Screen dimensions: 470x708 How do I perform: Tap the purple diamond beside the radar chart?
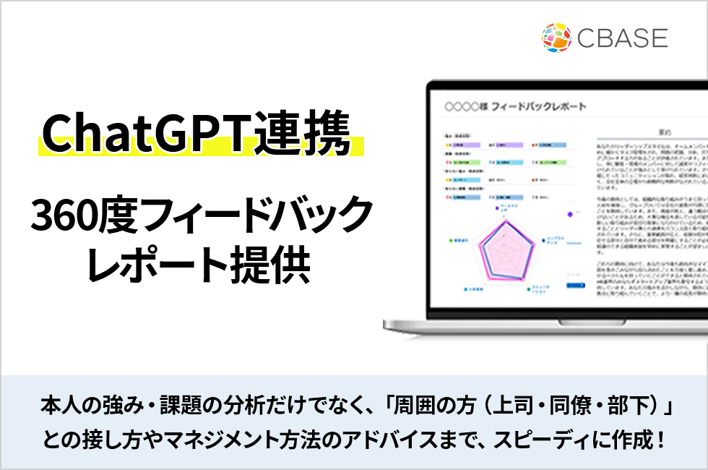pos(569,214)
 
